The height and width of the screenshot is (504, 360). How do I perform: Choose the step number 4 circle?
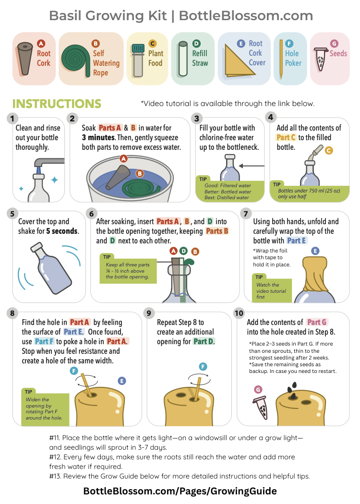tap(271, 117)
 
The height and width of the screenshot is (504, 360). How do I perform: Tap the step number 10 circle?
tap(239, 313)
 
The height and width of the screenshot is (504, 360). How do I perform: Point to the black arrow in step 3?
tap(252, 166)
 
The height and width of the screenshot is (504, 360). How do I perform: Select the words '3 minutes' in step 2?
tap(98, 138)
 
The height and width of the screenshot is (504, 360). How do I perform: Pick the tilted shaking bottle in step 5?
tap(51, 268)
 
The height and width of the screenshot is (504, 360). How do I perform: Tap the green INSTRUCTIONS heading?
tap(57, 104)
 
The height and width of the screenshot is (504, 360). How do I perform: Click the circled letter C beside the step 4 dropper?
tap(328, 150)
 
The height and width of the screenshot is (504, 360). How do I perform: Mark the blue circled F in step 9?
tap(203, 366)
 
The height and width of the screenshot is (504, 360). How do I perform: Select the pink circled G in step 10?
tap(258, 390)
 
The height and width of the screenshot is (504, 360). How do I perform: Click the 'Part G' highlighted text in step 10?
tap(317, 322)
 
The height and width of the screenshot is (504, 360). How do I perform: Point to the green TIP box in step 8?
tap(45, 406)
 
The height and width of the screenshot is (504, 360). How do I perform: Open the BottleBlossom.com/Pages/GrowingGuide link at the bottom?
tap(180, 491)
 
